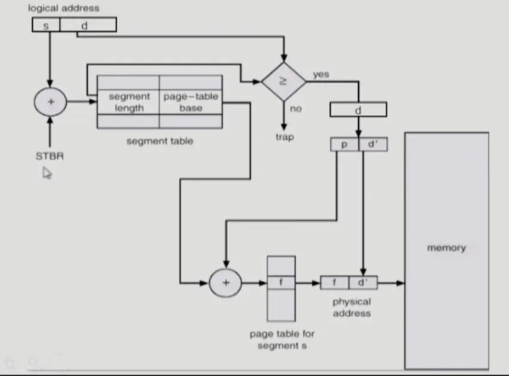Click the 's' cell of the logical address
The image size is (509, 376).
(x=46, y=24)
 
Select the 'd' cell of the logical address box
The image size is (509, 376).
(x=88, y=24)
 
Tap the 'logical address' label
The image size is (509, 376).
(x=64, y=8)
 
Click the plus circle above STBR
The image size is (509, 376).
(x=50, y=102)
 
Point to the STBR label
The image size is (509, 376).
(x=49, y=156)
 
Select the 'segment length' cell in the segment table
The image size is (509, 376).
(x=129, y=102)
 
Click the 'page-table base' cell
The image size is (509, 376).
(x=191, y=102)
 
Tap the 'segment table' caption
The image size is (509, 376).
(x=160, y=141)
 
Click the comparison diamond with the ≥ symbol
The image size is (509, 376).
(x=284, y=82)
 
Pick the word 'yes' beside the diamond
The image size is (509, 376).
(x=321, y=74)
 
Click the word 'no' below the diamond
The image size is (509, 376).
(x=296, y=109)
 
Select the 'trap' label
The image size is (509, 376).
(x=285, y=137)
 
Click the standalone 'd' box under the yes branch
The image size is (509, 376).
(x=358, y=109)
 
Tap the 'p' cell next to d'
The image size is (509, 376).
(x=344, y=144)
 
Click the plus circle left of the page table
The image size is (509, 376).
(x=226, y=283)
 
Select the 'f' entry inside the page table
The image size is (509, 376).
(x=281, y=283)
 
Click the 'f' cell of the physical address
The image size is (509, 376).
(x=334, y=283)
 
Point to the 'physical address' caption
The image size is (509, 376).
(x=352, y=307)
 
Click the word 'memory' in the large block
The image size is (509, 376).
(x=446, y=248)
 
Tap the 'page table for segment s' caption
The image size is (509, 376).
(x=282, y=339)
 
